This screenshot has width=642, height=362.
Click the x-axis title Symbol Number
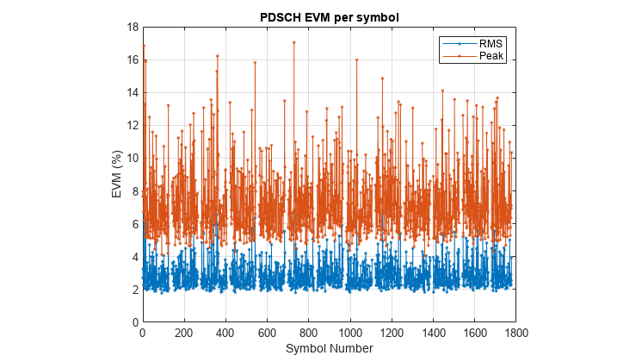pos(329,348)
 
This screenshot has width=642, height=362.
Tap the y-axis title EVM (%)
pos(117,174)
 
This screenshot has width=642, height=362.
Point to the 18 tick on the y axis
pos(132,28)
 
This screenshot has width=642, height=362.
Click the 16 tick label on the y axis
pos(132,60)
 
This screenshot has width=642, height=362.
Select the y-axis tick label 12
pos(132,126)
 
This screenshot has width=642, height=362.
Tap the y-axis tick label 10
pos(132,159)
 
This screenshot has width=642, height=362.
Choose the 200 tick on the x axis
pos(184,332)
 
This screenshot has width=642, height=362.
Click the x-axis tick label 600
pos(267,332)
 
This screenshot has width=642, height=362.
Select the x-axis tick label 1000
pos(350,332)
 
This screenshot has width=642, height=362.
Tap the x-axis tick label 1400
pos(433,332)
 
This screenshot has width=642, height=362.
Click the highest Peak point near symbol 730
pos(294,42)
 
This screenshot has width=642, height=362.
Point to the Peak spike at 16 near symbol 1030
pos(356,60)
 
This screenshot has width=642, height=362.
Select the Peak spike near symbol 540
pos(255,62)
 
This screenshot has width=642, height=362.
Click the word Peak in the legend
pos(491,56)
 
